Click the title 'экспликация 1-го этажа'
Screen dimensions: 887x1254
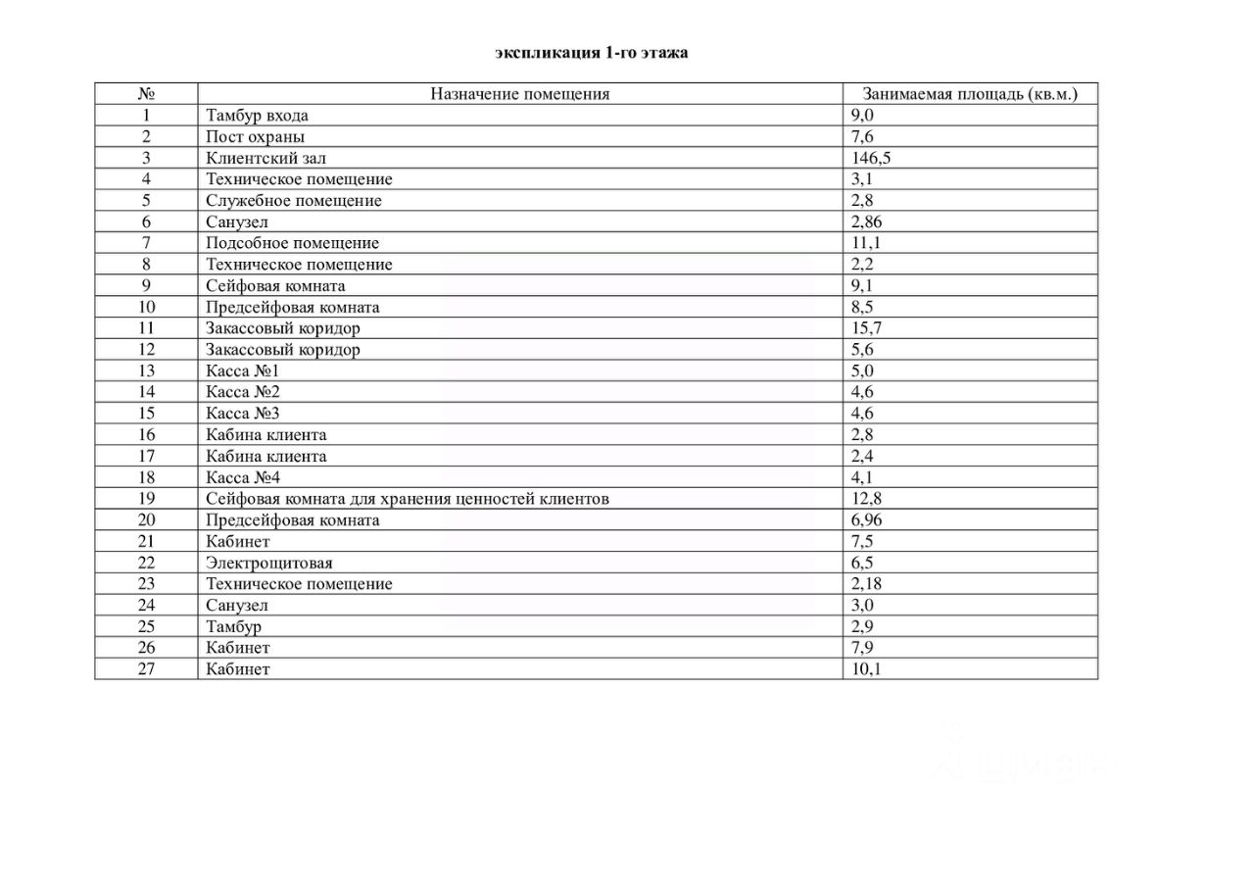591,53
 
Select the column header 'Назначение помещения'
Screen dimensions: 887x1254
520,94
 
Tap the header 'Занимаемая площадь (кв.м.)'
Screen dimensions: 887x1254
969,94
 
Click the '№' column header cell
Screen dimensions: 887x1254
147,94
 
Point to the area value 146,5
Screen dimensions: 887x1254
871,158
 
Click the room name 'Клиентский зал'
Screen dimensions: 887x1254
260,158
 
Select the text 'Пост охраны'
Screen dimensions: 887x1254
255,136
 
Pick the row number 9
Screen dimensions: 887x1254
147,286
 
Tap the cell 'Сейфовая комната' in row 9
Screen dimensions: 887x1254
275,286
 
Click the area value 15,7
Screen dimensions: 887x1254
866,328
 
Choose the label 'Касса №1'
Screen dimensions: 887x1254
243,371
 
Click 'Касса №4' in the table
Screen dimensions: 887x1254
243,477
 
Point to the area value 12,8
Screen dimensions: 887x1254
866,499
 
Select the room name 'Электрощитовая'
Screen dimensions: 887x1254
269,563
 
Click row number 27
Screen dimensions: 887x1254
147,669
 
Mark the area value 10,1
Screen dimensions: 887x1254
866,669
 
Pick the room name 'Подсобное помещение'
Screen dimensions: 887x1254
292,243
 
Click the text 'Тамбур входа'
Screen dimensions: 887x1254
257,116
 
